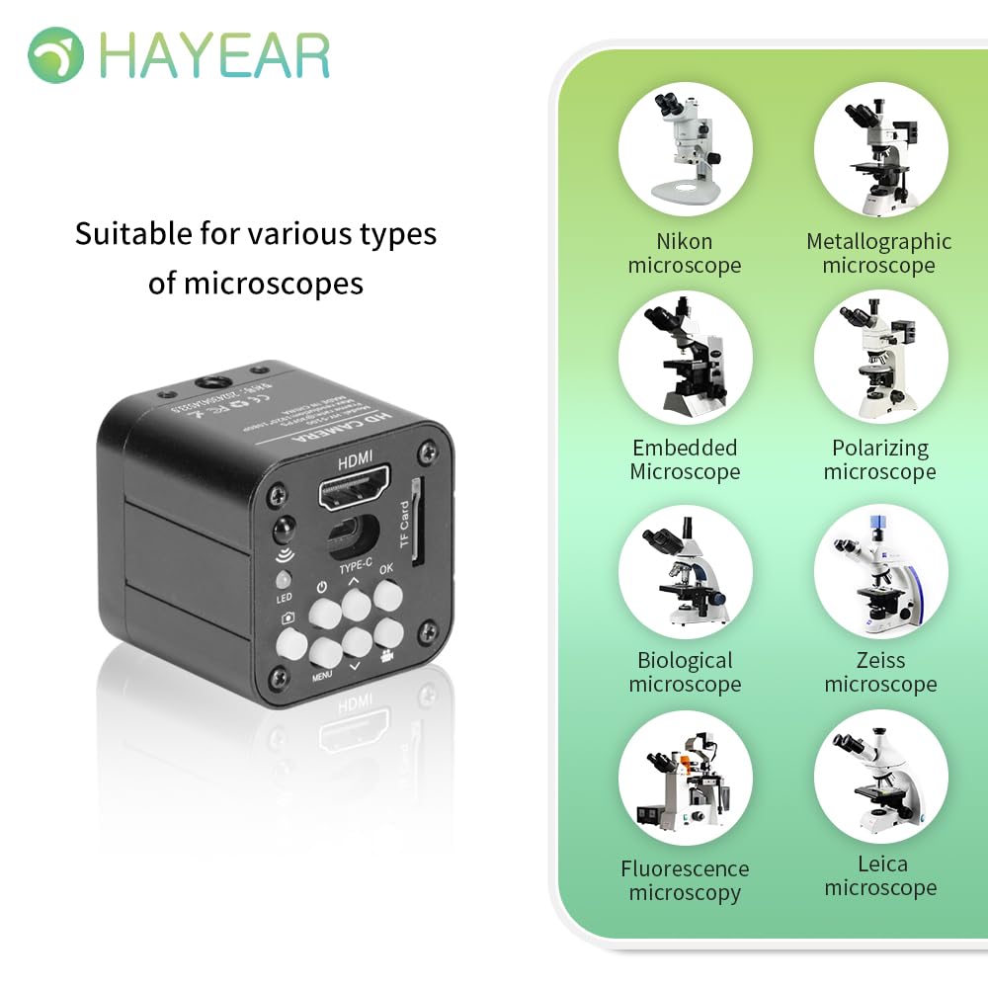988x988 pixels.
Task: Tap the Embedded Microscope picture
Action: coord(685,358)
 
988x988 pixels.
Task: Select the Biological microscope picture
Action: coord(685,571)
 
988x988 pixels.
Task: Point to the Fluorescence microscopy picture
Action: coord(685,779)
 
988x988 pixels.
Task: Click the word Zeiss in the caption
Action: coord(880,660)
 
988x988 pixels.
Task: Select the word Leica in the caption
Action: coord(882,864)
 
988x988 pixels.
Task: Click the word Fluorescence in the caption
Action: coord(685,869)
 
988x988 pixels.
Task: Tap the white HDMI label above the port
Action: coord(357,462)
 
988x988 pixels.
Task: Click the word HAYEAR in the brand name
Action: coord(214,56)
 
